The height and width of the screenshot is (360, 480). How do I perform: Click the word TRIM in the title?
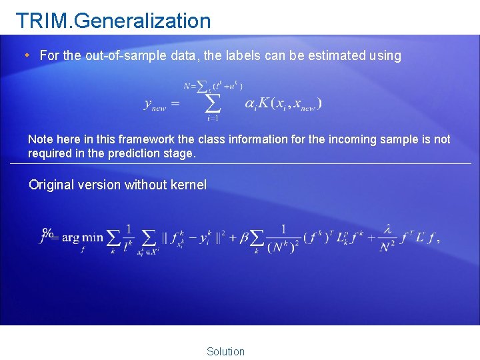43,21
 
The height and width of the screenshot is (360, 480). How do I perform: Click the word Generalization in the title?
143,21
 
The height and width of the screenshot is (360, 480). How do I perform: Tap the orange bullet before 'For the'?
26,55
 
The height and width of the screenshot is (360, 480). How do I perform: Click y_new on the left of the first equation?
155,104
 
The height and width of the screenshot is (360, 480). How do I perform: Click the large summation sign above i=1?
212,103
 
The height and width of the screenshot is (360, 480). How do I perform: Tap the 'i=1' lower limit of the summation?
212,119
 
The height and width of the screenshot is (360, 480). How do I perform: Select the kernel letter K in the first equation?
264,103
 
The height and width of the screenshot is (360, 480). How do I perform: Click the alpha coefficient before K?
250,104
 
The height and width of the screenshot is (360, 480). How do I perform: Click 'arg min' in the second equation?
83,238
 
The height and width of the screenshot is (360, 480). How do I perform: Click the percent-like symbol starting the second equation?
47,233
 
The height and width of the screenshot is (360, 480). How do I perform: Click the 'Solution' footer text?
225,351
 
